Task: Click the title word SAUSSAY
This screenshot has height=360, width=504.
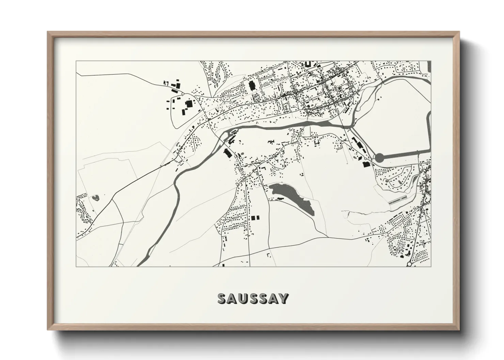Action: click(253, 299)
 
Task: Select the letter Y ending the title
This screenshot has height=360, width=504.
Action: click(284, 299)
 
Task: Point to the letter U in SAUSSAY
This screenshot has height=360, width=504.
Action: click(242, 299)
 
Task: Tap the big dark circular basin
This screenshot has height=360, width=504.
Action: click(379, 158)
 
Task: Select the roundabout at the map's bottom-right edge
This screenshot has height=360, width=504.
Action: click(409, 264)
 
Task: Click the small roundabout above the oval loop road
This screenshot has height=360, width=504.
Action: click(183, 93)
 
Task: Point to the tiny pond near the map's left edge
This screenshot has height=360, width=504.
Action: click(95, 197)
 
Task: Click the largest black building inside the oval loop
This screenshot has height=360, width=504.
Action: click(188, 104)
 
